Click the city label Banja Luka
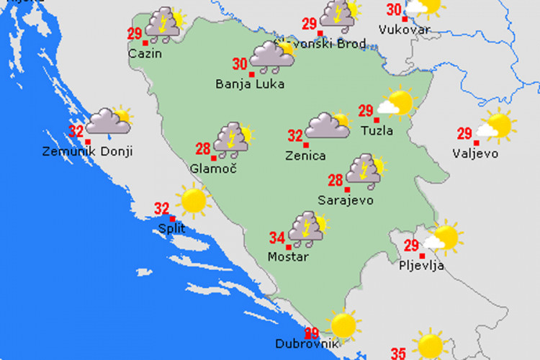pyautogui.click(x=250, y=84)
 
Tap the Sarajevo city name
pyautogui.click(x=346, y=200)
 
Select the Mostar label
pyautogui.click(x=289, y=257)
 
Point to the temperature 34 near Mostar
pyautogui.click(x=277, y=238)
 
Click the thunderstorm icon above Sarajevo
pyautogui.click(x=364, y=170)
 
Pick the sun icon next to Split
pyautogui.click(x=194, y=200)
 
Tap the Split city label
pyautogui.click(x=171, y=228)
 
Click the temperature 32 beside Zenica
pyautogui.click(x=295, y=135)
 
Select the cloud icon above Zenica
pyautogui.click(x=328, y=125)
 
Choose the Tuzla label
pyautogui.click(x=377, y=131)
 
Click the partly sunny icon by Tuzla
pyautogui.click(x=397, y=104)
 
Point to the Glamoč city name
pyautogui.click(x=213, y=168)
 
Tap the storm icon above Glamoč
pyautogui.click(x=233, y=138)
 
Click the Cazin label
pyautogui.click(x=145, y=53)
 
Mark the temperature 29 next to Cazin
pyautogui.click(x=135, y=33)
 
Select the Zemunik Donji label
pyautogui.click(x=87, y=152)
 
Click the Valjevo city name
pyautogui.click(x=475, y=152)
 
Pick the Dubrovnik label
pyautogui.click(x=307, y=344)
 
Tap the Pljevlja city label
pyautogui.click(x=423, y=266)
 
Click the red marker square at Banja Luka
pyautogui.click(x=252, y=74)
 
